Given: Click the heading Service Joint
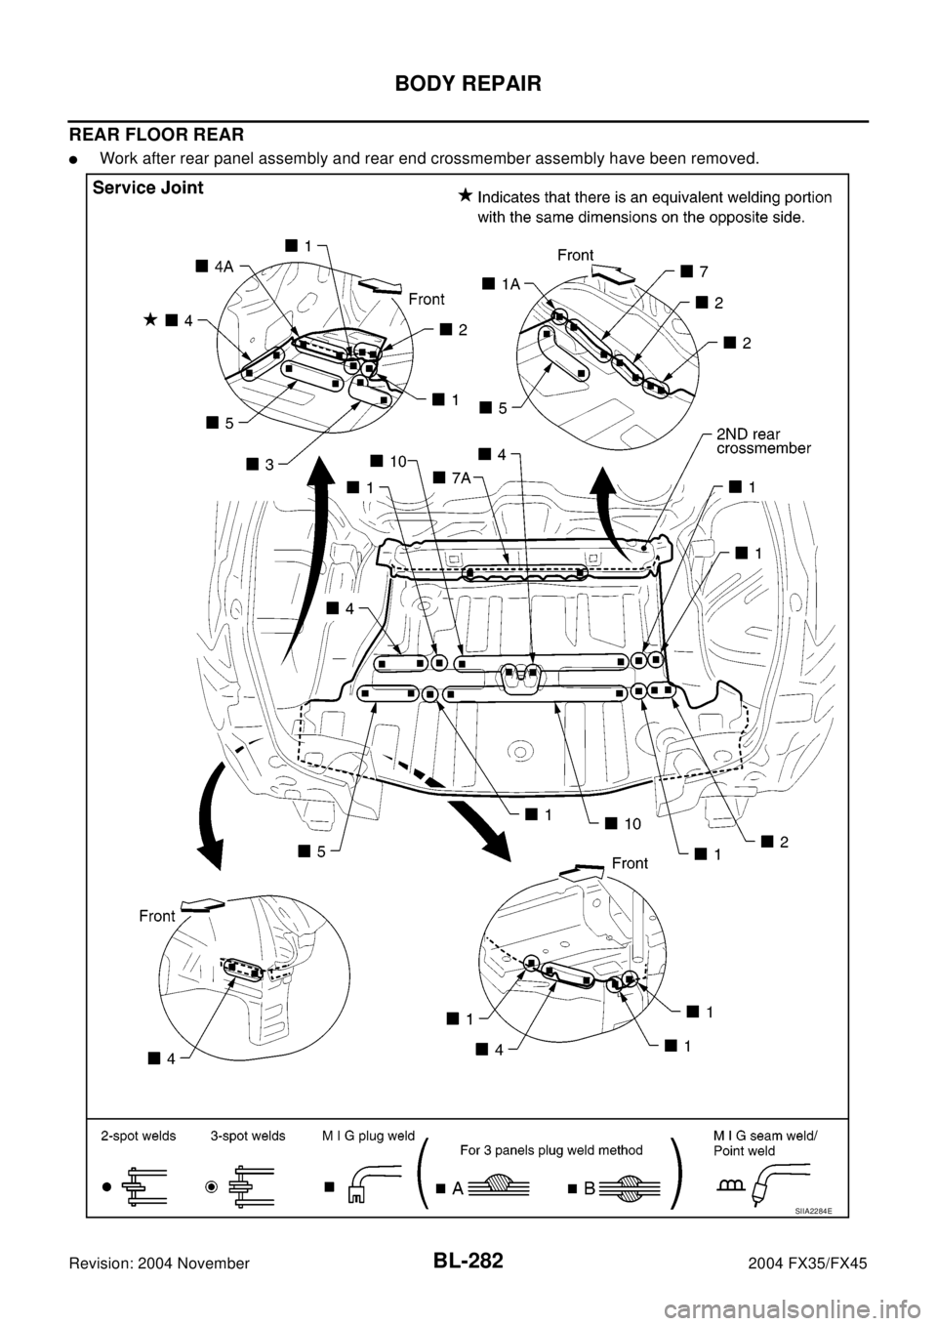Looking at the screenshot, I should (147, 188).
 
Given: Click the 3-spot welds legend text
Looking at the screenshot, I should (248, 1137).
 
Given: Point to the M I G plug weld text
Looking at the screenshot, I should (368, 1137).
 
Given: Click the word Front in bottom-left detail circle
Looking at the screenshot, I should (156, 916).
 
